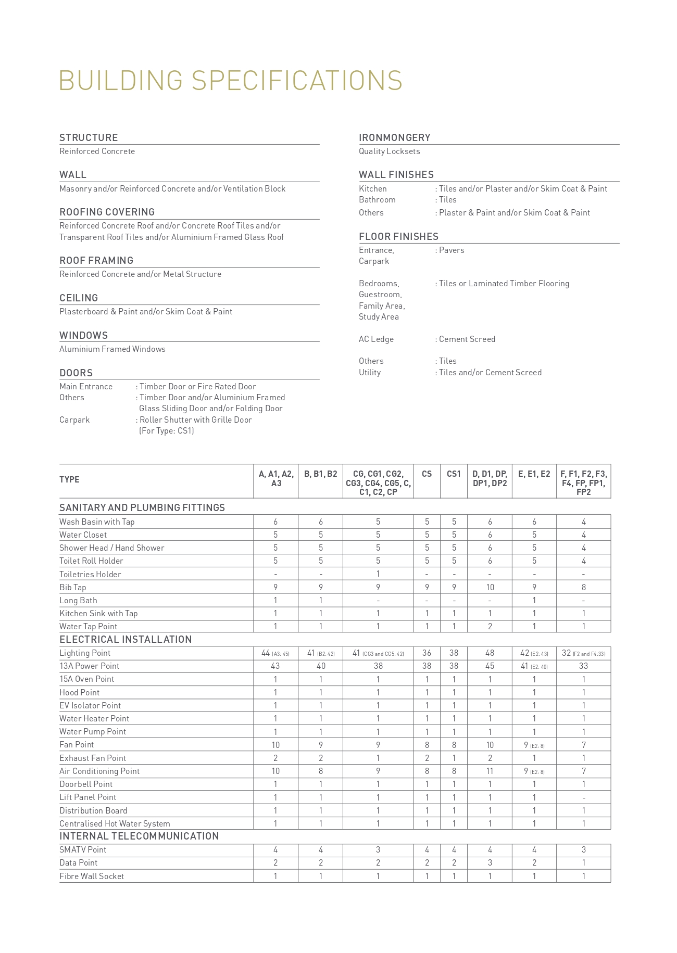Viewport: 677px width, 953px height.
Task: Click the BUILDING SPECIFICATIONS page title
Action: click(231, 81)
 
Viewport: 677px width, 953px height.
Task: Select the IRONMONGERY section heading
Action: click(394, 137)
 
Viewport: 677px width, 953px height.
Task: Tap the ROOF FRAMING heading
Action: click(96, 260)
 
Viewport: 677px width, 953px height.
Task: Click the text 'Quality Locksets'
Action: click(389, 151)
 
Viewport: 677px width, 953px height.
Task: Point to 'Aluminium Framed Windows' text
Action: click(112, 349)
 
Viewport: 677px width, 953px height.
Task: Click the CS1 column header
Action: click(454, 474)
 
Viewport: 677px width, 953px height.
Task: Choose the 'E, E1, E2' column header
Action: click(534, 474)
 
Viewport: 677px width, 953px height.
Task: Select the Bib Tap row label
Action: click(72, 587)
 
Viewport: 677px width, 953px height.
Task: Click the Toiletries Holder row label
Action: click(90, 574)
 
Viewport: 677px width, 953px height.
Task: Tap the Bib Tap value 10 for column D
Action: click(490, 587)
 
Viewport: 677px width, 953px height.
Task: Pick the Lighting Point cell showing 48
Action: click(490, 653)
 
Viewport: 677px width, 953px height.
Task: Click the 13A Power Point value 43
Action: click(275, 666)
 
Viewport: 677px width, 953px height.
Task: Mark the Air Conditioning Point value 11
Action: click(490, 771)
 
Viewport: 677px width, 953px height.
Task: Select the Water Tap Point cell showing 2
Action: click(490, 626)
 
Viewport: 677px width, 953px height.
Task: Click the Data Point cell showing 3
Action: click(490, 862)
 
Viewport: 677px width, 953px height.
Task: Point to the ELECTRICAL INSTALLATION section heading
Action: click(126, 639)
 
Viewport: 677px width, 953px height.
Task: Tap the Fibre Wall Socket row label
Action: click(92, 876)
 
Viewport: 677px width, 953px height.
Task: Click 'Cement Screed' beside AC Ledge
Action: click(467, 339)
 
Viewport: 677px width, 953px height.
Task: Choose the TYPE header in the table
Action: click(69, 479)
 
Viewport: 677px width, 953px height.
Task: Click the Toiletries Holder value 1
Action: click(378, 574)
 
